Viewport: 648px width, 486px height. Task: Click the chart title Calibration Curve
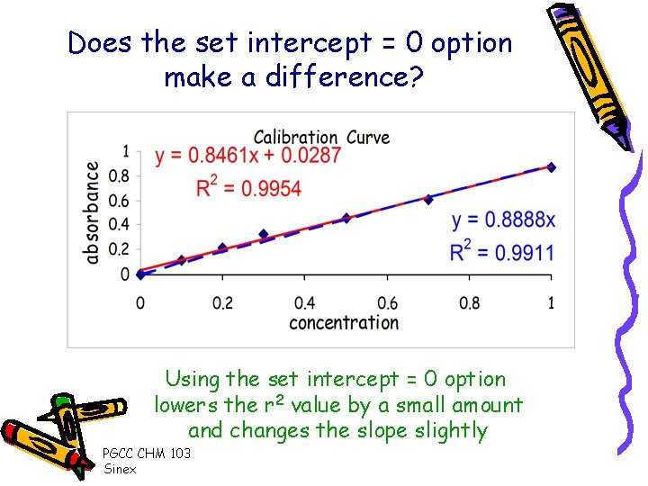[321, 137]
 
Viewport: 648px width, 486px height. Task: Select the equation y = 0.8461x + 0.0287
[247, 156]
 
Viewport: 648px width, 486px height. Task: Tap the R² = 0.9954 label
[236, 187]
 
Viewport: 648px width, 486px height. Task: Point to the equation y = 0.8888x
[503, 220]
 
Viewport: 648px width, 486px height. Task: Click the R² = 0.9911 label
[502, 252]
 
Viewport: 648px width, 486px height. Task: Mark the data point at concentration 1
[551, 166]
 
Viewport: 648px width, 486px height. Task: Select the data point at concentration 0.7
[428, 199]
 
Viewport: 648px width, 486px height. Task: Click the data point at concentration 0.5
[346, 218]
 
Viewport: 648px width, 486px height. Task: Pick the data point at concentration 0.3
[264, 234]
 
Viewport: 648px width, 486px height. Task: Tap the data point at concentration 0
[140, 274]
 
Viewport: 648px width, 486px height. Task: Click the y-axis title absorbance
[92, 212]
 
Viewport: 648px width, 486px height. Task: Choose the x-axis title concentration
[343, 322]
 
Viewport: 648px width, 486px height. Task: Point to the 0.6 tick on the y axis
[119, 200]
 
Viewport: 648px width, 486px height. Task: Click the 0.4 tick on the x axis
[304, 303]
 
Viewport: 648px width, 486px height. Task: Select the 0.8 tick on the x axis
[469, 303]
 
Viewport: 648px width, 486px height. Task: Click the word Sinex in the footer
[121, 469]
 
